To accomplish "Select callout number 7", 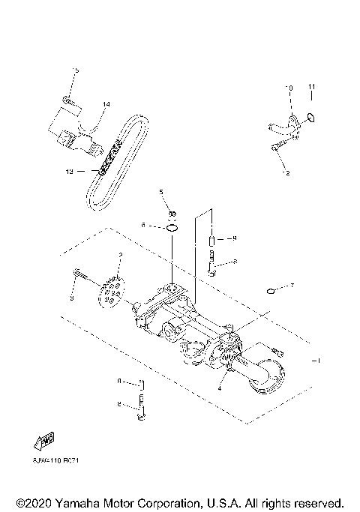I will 292,286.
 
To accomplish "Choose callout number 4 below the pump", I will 220,388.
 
